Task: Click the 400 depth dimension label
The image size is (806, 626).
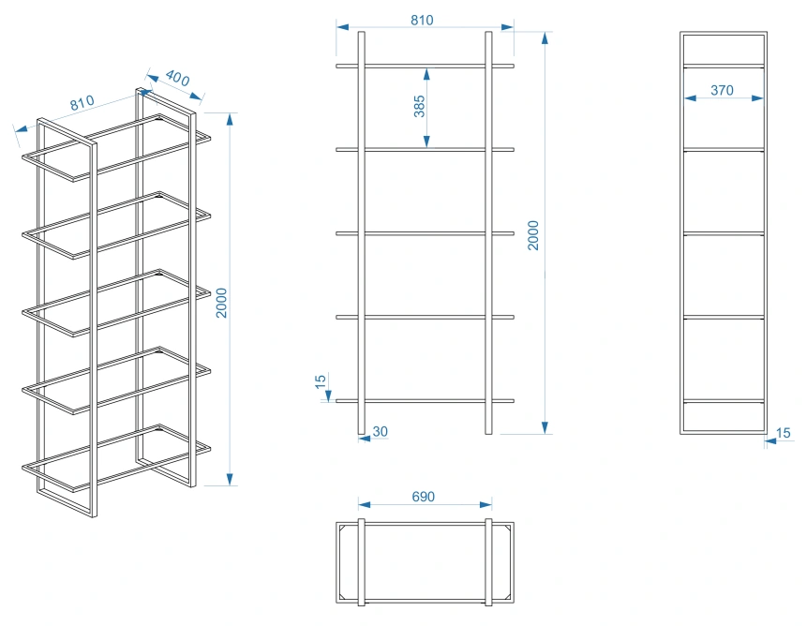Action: point(177,78)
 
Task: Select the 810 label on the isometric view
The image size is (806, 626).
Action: point(82,103)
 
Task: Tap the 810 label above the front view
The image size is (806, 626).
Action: point(422,20)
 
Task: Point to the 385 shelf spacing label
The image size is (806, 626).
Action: point(420,107)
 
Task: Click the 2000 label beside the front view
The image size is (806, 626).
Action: point(533,235)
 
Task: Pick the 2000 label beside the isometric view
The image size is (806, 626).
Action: point(221,304)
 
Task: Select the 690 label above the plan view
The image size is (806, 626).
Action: point(423,497)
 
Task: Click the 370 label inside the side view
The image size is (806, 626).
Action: point(722,91)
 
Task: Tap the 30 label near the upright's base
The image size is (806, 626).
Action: point(380,432)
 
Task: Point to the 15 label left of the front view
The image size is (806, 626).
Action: point(321,381)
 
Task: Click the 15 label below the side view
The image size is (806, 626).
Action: point(783,433)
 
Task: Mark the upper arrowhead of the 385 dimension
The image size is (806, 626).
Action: point(426,75)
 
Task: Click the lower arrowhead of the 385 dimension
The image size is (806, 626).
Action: point(426,142)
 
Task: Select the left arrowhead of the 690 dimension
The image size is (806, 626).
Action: point(365,505)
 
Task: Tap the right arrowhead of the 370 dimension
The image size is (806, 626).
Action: point(757,98)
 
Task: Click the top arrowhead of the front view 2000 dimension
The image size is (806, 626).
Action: point(545,38)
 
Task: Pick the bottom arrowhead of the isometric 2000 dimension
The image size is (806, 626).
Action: point(230,479)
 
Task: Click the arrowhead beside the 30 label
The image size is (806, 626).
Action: point(365,439)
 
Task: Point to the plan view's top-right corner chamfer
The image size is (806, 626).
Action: point(507,529)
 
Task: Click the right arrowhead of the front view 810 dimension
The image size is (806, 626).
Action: point(507,27)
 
